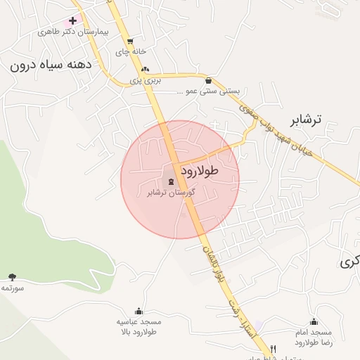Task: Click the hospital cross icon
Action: (72, 21)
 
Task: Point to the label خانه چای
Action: (134, 52)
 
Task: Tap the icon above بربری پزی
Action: (146, 69)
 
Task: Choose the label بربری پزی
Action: (146, 81)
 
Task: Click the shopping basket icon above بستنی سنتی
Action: (210, 80)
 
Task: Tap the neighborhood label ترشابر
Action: (305, 119)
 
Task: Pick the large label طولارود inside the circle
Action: (200, 170)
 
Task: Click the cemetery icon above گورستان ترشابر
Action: (172, 181)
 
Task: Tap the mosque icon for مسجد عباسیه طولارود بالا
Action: (139, 311)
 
